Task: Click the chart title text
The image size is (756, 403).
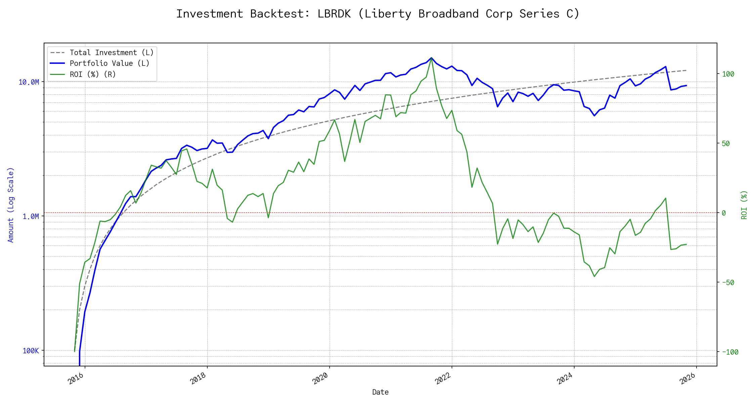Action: (378, 14)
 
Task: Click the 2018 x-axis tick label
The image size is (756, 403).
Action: (198, 378)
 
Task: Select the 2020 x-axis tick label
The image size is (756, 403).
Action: (321, 378)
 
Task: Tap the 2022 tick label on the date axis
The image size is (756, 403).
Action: (443, 378)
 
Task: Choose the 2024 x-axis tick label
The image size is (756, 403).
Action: (565, 378)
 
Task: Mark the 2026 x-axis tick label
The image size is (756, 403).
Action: (687, 378)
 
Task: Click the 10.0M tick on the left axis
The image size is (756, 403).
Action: (29, 82)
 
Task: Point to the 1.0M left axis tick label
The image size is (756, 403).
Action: (31, 217)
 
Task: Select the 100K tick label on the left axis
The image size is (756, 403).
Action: (31, 351)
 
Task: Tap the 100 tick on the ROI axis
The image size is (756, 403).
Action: (728, 74)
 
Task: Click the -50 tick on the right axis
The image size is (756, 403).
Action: (728, 283)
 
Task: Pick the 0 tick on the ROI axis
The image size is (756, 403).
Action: (724, 213)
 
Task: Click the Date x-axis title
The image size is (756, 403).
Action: (380, 392)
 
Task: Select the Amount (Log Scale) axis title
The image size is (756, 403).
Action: (11, 205)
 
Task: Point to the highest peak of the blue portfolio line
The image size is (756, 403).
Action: (431, 58)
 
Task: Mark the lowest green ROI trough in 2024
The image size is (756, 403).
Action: (594, 276)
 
